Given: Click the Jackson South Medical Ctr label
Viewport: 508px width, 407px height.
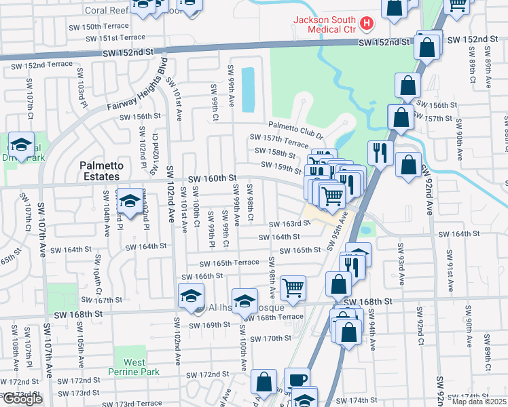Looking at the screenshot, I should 325,24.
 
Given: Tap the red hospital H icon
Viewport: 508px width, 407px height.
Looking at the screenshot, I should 367,24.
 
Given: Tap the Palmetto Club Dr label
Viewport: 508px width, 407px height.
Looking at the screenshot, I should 295,126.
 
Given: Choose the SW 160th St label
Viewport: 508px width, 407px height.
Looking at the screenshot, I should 213,178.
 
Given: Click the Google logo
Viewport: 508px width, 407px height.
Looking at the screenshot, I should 22,399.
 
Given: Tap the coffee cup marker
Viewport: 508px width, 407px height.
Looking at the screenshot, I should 296,379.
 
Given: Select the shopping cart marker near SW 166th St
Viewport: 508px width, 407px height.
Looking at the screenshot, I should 293,287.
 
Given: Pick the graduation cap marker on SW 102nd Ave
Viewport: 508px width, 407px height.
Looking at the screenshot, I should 191,296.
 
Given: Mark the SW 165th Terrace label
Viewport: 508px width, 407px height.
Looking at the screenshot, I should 229,263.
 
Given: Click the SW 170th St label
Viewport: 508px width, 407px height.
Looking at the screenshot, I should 270,338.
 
